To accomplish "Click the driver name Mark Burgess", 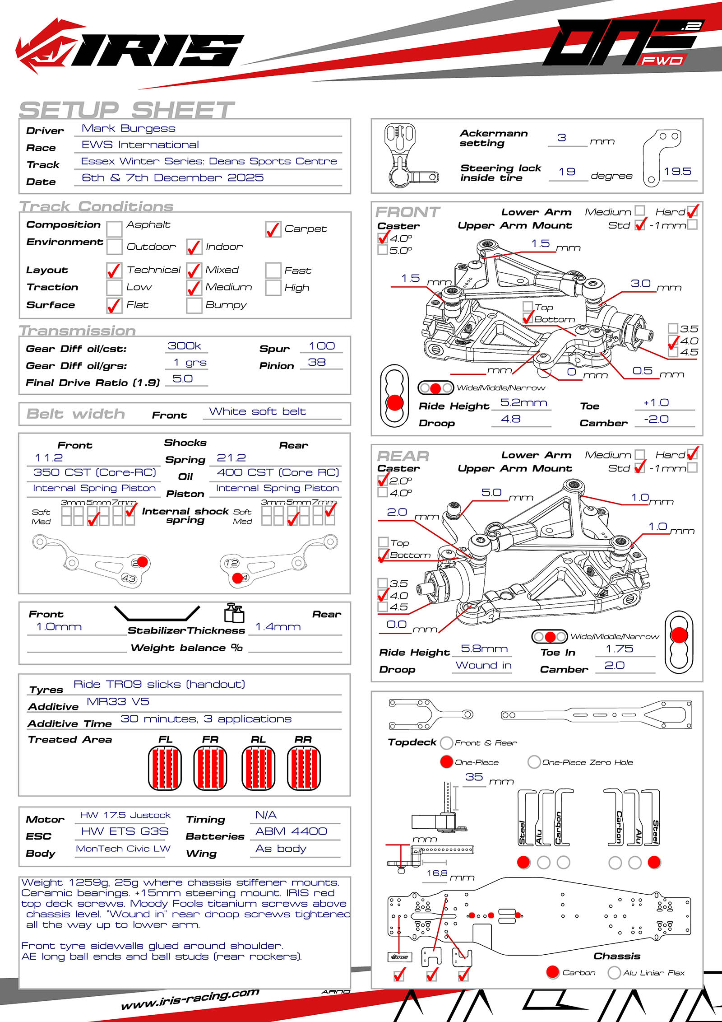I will click(x=128, y=129).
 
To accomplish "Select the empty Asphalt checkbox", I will click(x=114, y=229).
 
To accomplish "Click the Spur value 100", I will click(x=322, y=346).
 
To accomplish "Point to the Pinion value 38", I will click(x=317, y=363).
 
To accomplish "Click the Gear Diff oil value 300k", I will click(x=184, y=346).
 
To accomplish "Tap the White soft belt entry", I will click(x=257, y=411).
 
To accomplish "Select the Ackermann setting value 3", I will click(x=562, y=138).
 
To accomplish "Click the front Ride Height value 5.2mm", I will click(x=523, y=403).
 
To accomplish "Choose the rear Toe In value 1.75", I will click(x=619, y=649).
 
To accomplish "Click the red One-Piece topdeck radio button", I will click(x=447, y=762).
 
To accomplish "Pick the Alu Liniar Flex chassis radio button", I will click(x=614, y=972).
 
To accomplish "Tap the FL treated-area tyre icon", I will click(x=165, y=768).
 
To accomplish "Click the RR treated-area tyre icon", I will click(x=304, y=768).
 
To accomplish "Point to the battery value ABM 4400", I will click(x=291, y=831).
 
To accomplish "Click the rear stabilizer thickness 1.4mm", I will click(x=278, y=627).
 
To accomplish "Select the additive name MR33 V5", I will click(x=118, y=702).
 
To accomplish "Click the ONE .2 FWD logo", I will click(x=623, y=44).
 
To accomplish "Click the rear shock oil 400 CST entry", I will click(x=278, y=473).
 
